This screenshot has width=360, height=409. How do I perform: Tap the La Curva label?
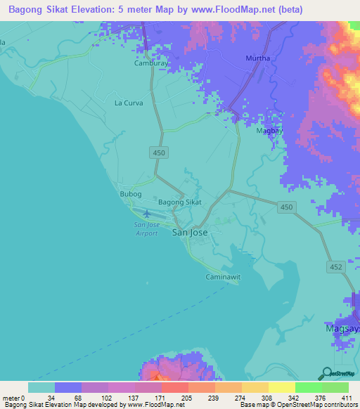[129, 103]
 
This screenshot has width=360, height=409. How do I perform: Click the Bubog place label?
[131, 194]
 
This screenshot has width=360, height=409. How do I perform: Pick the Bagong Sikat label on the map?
[180, 202]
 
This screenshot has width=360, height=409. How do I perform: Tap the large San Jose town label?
[190, 232]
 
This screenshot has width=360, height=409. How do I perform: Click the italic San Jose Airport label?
[147, 228]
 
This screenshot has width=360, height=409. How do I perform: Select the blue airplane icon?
[146, 214]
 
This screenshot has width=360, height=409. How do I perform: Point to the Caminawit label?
[223, 277]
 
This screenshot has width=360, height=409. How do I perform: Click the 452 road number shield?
[335, 266]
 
